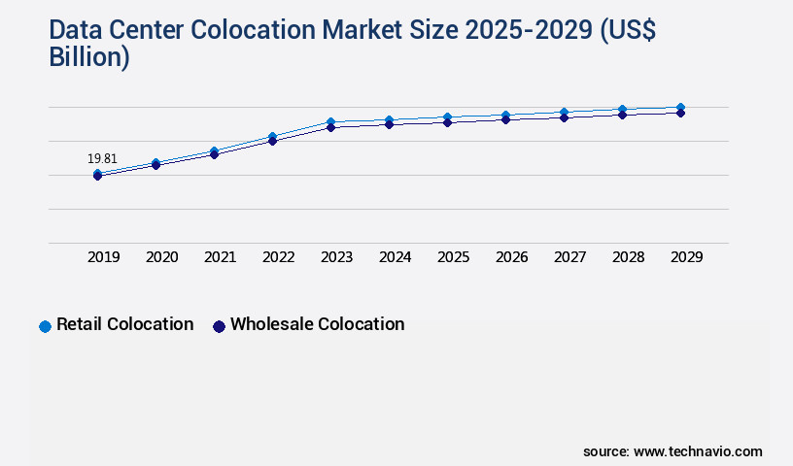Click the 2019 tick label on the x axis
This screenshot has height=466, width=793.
104,257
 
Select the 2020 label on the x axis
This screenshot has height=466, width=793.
162,257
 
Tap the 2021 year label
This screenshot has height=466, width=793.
221,257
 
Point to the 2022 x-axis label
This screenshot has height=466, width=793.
279,257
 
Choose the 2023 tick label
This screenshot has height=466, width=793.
337,257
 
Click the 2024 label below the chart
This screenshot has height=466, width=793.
396,257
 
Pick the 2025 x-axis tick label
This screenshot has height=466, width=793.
454,257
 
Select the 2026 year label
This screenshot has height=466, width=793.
512,257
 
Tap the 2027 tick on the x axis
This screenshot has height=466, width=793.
570,257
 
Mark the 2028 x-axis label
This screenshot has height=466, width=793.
629,257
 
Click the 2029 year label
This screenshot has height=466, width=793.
687,257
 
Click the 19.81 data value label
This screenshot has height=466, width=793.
102,158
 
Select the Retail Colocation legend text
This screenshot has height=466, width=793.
124,324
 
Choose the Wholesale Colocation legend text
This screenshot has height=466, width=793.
317,324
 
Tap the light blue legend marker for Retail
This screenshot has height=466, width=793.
45,326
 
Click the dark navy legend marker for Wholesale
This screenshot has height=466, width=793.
219,326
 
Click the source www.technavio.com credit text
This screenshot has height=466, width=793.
672,451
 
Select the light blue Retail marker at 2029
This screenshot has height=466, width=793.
680,107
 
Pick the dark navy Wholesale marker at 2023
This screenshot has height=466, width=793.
330,127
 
